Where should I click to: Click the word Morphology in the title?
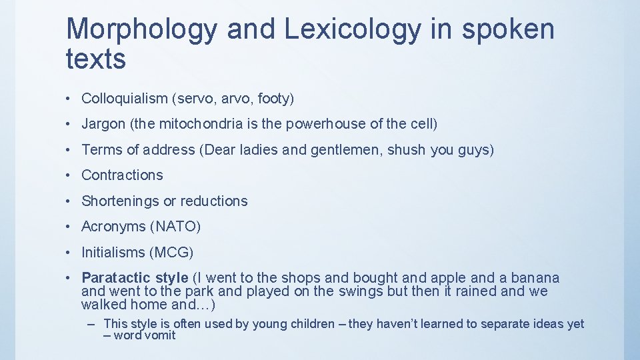(x=141, y=30)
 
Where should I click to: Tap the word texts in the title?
(x=96, y=59)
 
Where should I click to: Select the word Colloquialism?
(x=125, y=99)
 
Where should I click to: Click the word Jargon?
(x=103, y=124)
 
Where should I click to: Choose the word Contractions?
(x=122, y=175)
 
